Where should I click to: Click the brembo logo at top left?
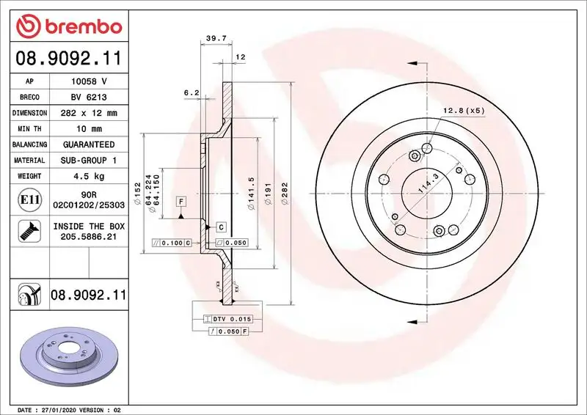[68, 27]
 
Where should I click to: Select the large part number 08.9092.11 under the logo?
[68, 58]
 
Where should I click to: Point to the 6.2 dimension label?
[192, 92]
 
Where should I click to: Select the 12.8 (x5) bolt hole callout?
[464, 111]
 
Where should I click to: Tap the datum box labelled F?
[179, 201]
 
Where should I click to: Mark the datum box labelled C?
[220, 227]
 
